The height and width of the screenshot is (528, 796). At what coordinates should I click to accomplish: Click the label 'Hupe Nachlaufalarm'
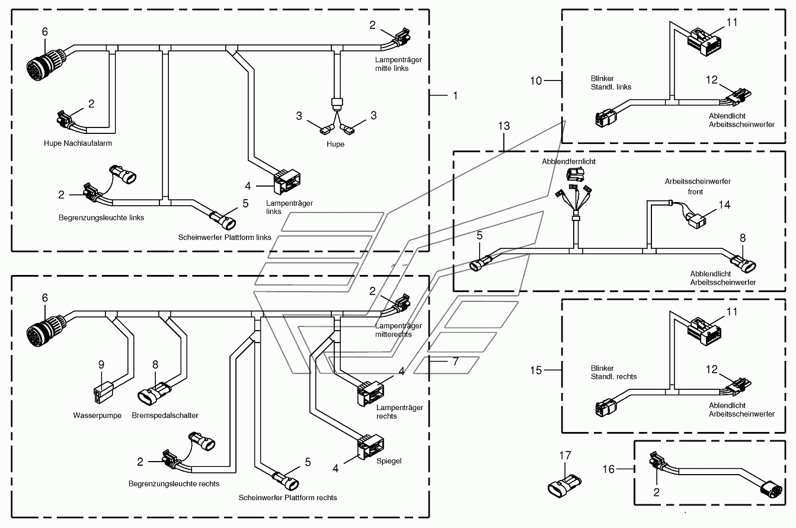tap(78, 143)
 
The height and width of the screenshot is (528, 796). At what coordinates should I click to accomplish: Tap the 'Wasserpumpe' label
tap(97, 415)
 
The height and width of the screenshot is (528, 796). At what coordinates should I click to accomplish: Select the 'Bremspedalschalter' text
tap(165, 415)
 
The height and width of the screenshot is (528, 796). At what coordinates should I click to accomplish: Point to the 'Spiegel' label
tap(389, 461)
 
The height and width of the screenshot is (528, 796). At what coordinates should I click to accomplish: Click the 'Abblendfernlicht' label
tap(568, 161)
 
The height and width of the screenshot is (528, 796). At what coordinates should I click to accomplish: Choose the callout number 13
tap(504, 126)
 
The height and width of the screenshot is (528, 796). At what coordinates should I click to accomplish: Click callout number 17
tap(565, 455)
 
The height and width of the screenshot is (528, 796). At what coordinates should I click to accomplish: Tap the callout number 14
tap(724, 204)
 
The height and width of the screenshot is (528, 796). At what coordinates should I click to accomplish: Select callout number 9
tap(101, 364)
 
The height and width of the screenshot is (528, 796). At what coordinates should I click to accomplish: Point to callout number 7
tap(456, 361)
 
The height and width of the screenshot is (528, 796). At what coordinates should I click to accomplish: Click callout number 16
tap(608, 469)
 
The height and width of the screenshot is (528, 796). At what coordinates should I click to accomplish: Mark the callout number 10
tap(536, 81)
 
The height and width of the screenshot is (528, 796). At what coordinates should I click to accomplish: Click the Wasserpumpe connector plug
tap(103, 392)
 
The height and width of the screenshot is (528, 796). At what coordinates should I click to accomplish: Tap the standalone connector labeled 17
tap(564, 485)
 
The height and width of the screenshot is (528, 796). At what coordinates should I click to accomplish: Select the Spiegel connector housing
tap(370, 447)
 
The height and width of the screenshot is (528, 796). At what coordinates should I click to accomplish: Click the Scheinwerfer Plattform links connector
tap(223, 220)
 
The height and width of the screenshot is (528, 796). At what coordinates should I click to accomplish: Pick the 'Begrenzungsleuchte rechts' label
tap(174, 484)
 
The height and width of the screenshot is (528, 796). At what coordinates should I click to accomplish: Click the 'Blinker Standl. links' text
tap(611, 83)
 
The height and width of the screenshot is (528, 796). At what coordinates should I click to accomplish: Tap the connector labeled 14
tap(695, 220)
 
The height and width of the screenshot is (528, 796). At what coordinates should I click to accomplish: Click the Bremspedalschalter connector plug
tap(155, 393)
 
